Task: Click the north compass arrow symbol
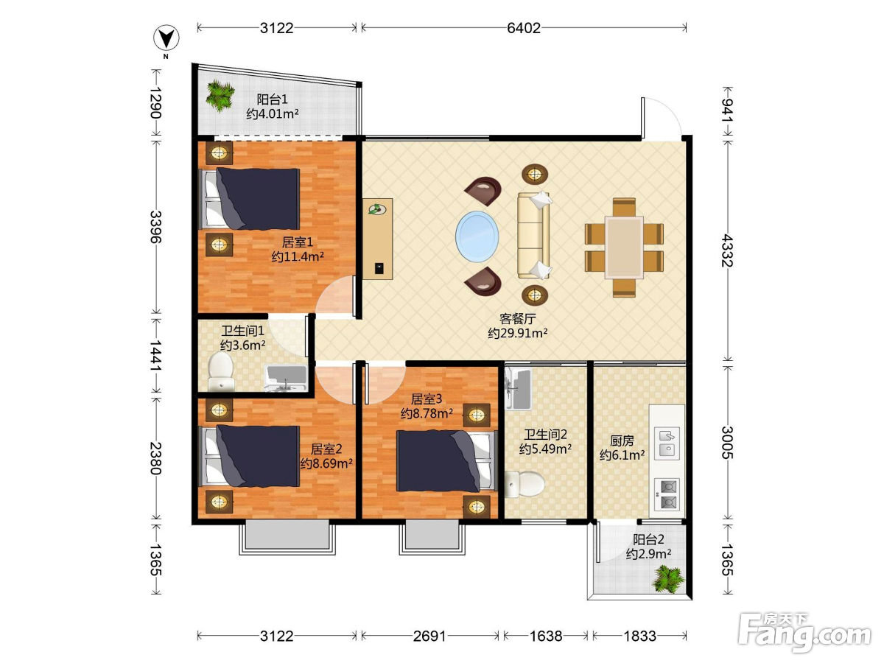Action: [166, 38]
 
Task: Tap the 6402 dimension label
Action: [524, 28]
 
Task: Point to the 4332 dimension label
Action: [727, 250]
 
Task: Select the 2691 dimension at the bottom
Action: [429, 636]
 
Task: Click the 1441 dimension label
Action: [155, 357]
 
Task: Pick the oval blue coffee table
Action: [477, 236]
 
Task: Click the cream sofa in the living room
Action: [534, 235]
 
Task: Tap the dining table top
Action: [624, 248]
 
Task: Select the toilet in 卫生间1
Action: [221, 371]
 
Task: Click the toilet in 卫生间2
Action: [525, 484]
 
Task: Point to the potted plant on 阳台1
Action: [220, 97]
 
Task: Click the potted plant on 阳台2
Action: [668, 579]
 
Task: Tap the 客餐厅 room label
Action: [518, 318]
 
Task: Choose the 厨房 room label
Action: [622, 441]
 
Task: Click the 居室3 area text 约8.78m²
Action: [427, 413]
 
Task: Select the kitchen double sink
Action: [667, 443]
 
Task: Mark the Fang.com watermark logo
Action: [804, 632]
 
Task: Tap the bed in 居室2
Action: [250, 456]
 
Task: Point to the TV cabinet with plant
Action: [377, 239]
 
